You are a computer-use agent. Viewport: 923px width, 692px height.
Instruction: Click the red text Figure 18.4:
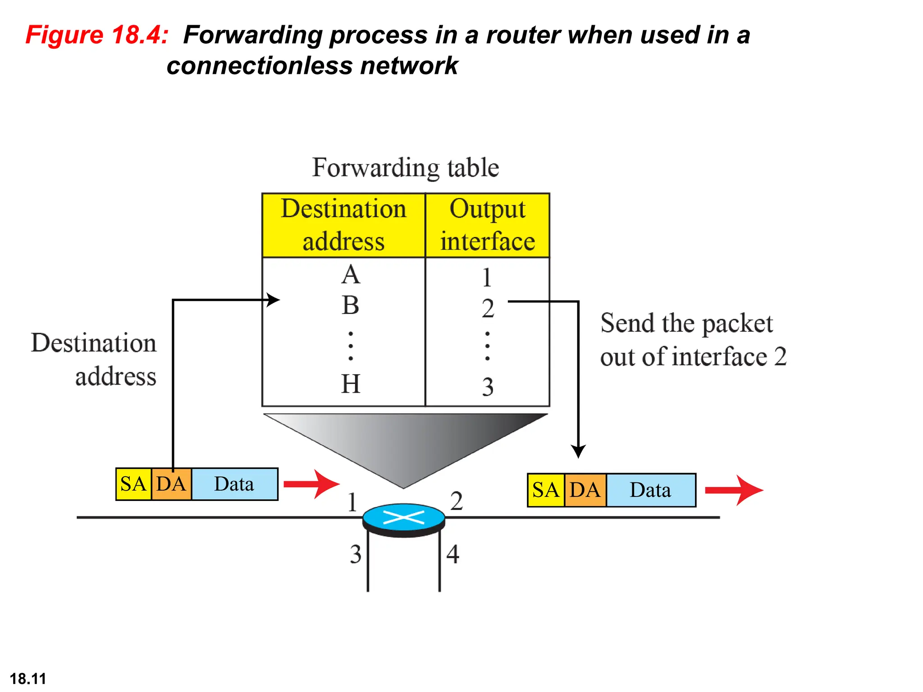[97, 35]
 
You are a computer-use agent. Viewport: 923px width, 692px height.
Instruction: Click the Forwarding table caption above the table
[405, 168]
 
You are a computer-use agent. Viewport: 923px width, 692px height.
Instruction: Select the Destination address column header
[343, 225]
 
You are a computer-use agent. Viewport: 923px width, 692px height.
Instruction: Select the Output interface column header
[488, 225]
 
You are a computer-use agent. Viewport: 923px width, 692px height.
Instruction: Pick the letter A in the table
[351, 275]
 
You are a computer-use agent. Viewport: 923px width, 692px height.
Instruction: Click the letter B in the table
[351, 305]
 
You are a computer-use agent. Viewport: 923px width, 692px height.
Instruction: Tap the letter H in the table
[351, 384]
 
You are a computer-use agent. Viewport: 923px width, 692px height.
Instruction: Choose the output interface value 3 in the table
[488, 387]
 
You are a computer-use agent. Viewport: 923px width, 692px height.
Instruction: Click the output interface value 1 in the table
[487, 278]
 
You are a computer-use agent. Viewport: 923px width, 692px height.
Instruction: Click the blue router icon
[404, 518]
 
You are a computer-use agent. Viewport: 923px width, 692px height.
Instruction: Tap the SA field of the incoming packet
[133, 484]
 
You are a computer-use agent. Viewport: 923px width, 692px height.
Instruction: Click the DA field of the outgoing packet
[585, 490]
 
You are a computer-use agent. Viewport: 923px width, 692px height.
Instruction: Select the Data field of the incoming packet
[234, 484]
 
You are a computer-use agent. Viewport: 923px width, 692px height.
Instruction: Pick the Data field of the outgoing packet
[650, 490]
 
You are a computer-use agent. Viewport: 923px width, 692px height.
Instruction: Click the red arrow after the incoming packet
[311, 484]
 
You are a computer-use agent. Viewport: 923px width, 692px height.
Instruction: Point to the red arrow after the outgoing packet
[734, 490]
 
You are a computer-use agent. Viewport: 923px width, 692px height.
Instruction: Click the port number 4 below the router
[453, 555]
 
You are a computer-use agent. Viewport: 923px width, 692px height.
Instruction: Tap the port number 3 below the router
[356, 555]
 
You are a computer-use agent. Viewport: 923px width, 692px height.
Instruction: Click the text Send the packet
[686, 323]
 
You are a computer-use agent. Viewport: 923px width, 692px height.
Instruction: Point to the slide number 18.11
[28, 678]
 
